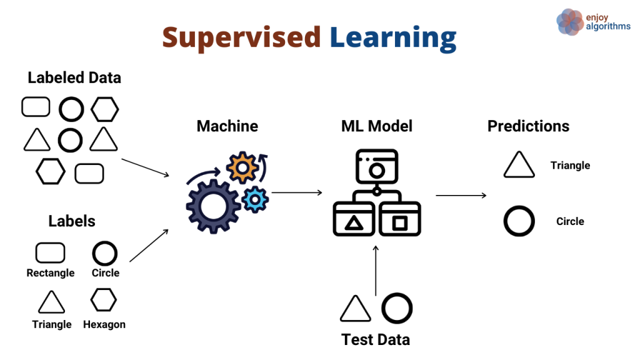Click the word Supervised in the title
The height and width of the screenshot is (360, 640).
tap(241, 38)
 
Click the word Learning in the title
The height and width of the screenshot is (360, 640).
tap(393, 38)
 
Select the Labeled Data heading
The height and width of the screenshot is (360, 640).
tap(74, 78)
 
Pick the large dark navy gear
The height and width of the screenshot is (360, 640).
tap(212, 206)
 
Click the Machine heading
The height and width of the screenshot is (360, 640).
tap(227, 126)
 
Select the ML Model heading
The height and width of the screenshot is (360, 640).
tap(377, 126)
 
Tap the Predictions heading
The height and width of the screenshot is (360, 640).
tap(528, 126)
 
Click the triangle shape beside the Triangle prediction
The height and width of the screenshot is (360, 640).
tap(519, 166)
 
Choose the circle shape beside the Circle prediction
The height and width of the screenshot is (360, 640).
tap(519, 222)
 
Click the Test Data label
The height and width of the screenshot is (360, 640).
tap(376, 340)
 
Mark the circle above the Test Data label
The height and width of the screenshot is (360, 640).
tap(397, 309)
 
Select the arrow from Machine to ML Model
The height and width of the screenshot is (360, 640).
tap(297, 192)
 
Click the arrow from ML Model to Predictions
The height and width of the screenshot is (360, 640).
tap(461, 196)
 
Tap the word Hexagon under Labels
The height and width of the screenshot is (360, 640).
tap(104, 324)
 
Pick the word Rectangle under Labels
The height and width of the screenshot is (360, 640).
tap(51, 273)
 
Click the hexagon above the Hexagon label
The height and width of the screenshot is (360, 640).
tap(104, 300)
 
